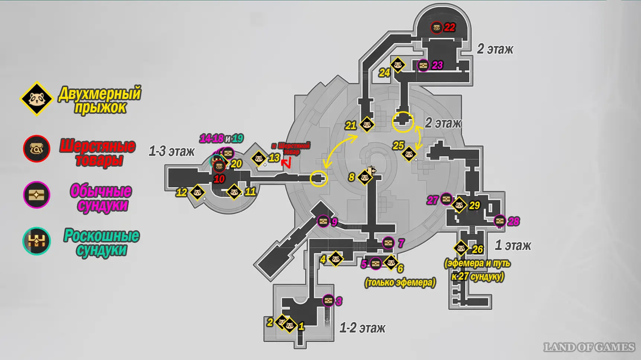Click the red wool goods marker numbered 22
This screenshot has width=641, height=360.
(437, 27)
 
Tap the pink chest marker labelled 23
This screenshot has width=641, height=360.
(423, 65)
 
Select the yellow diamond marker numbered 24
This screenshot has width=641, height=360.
(398, 65)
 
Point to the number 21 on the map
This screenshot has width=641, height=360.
(350, 126)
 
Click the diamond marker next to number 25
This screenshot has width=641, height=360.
(409, 154)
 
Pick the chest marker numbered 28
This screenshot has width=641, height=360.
(500, 221)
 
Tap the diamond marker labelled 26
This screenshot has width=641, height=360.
(461, 248)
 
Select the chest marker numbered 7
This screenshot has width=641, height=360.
(388, 243)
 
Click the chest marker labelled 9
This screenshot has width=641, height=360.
(323, 222)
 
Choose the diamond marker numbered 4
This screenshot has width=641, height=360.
(336, 258)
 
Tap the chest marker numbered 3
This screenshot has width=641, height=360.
(328, 300)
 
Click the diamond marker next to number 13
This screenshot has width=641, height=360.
(259, 158)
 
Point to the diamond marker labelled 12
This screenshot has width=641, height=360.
(197, 192)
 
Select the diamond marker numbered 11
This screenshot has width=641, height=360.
(234, 192)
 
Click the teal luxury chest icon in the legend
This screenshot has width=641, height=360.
(36, 241)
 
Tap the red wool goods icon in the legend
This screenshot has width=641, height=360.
(36, 149)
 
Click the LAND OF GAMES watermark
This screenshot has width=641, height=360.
(589, 347)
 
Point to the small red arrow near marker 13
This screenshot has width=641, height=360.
(286, 163)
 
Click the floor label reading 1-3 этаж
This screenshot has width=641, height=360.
(171, 151)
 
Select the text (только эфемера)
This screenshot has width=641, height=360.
(400, 283)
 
